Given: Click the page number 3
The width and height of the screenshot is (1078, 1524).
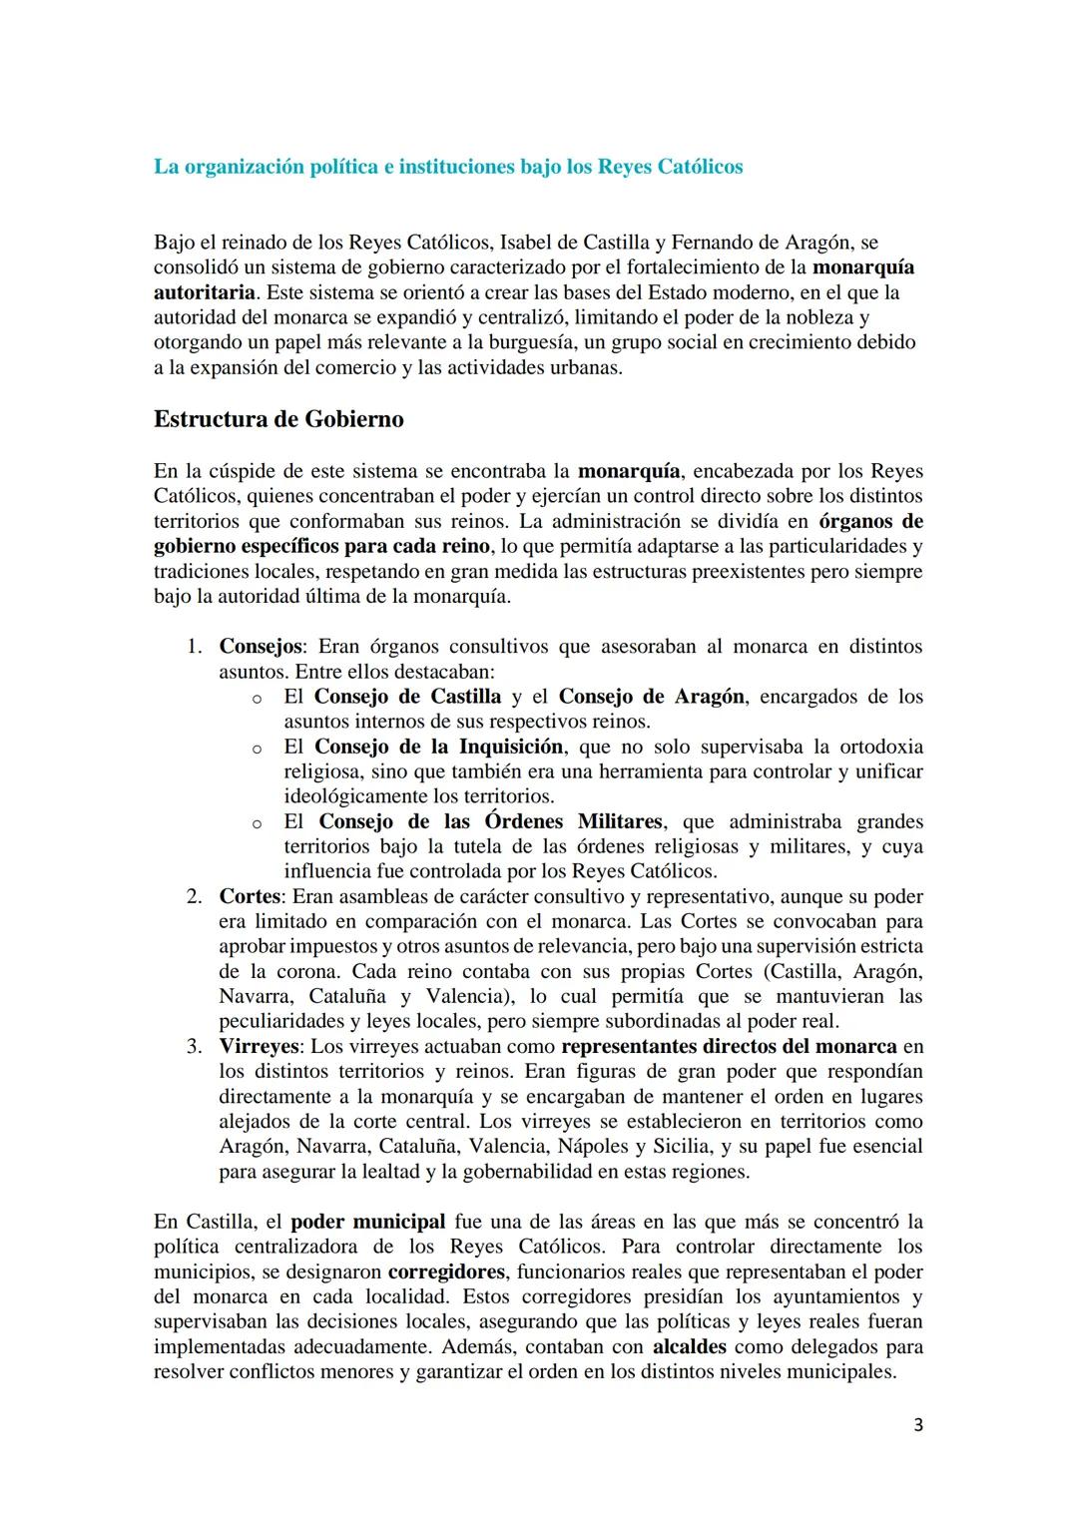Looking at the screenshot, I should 917,1425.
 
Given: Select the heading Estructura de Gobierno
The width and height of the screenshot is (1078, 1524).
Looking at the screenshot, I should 278,419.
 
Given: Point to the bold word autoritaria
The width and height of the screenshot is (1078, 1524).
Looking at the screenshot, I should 205,292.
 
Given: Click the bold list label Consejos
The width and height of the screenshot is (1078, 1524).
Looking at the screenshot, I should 261,647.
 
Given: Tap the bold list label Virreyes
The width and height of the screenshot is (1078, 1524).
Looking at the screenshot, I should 260,1046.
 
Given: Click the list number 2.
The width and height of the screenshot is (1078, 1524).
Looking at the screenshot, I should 195,896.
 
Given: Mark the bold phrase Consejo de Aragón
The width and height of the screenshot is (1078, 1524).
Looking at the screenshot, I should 651,697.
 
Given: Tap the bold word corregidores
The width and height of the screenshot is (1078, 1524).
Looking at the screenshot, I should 446,1271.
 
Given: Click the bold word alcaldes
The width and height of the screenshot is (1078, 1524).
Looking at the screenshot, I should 689,1346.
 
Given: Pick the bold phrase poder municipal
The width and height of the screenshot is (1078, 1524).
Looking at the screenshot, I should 368,1222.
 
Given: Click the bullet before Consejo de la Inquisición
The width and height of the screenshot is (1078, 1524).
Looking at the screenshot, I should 257,748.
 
